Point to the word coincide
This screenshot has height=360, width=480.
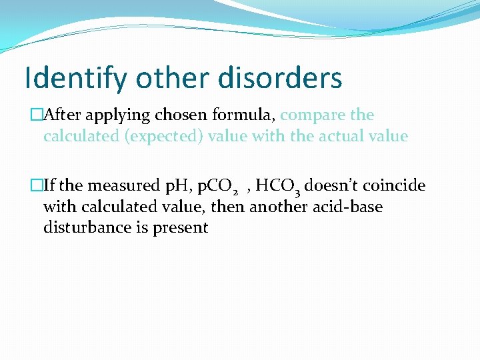click(395, 185)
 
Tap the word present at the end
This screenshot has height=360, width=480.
click(181, 228)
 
